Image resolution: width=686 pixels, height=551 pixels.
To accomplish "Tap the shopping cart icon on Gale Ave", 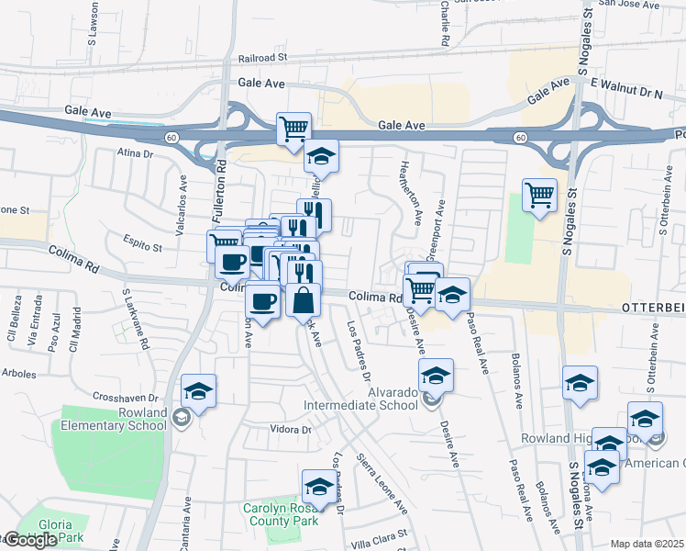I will (293, 129).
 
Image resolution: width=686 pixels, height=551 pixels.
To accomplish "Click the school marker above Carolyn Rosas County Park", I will (318, 486).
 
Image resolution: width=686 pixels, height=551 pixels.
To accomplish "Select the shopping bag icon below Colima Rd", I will (303, 299).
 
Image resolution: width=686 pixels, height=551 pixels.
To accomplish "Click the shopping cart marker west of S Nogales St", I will (539, 195).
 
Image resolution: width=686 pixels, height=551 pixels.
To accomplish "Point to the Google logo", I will (29, 540).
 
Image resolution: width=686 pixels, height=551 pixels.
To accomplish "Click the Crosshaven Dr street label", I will (127, 398).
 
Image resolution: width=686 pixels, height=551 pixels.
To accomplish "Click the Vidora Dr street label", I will (292, 430).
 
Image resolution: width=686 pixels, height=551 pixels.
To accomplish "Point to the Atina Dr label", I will (135, 152).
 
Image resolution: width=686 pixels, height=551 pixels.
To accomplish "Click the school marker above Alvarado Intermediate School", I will (436, 375).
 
